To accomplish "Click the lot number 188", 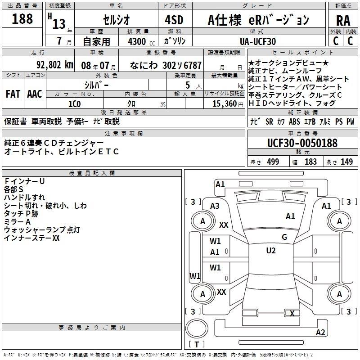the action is [x=22, y=18].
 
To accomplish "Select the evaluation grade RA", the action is [x=343, y=21].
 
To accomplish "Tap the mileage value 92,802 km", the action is [x=54, y=65].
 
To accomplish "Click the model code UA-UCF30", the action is [x=258, y=41].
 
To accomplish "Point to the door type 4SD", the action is [x=174, y=20].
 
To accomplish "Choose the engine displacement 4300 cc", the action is [x=141, y=41].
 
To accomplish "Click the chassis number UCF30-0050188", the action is [x=302, y=143].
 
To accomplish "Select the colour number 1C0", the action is [x=74, y=104].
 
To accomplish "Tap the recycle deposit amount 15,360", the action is [x=224, y=104].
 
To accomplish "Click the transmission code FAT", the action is [x=13, y=94].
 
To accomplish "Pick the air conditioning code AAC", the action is [x=35, y=94].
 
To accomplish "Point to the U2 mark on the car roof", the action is [x=271, y=251].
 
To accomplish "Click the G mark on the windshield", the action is [x=284, y=237].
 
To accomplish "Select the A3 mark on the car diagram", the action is [x=215, y=206].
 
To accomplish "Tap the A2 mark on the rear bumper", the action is [x=320, y=333].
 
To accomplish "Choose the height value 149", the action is [x=346, y=162].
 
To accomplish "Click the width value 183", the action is [x=310, y=162].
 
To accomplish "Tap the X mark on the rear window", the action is [x=292, y=313].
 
